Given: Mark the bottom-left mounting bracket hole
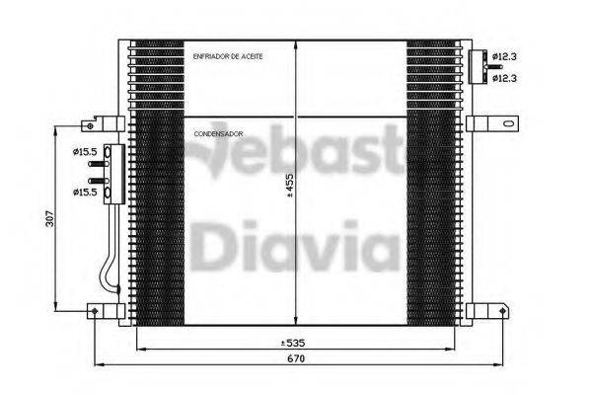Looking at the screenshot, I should (x=95, y=311).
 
